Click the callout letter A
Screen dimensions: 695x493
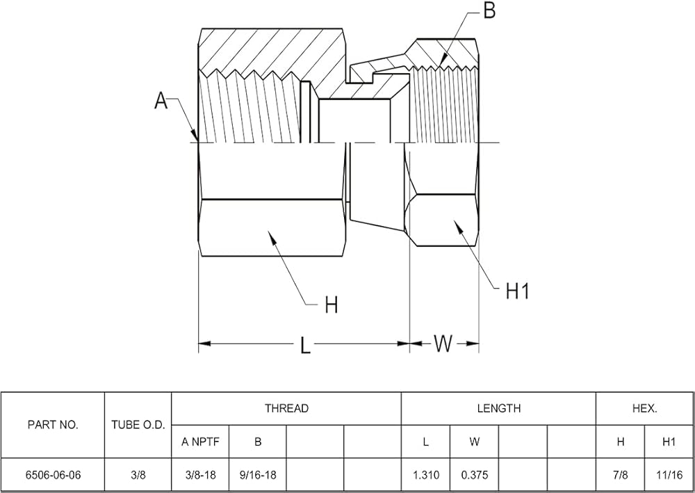[x=161, y=101]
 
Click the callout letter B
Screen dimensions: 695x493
[x=489, y=10]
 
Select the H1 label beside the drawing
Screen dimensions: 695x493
[x=517, y=292]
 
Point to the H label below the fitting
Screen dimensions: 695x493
[x=332, y=305]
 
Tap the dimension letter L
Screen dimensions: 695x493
[x=305, y=345]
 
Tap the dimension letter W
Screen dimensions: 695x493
[x=443, y=343]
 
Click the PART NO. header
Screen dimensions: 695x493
[x=53, y=425]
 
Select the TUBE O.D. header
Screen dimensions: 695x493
[x=138, y=425]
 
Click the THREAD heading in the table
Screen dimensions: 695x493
[x=286, y=408]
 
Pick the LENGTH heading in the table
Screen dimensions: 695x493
[x=498, y=408]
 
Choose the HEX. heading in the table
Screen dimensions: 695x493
[x=645, y=408]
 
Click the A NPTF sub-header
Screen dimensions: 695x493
[x=200, y=442]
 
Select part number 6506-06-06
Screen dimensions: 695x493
[x=54, y=475]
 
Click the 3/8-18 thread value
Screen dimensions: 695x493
[x=200, y=475]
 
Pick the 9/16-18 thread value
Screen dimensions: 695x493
[x=258, y=475]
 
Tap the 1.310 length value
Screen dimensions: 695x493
[x=425, y=475]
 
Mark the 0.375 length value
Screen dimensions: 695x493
[x=474, y=475]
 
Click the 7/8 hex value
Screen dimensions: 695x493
[x=621, y=475]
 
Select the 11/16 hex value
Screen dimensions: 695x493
[x=669, y=475]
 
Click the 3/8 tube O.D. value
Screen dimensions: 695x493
[x=138, y=475]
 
